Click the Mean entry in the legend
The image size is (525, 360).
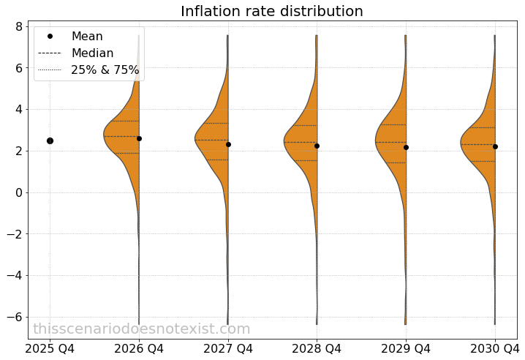click(87, 37)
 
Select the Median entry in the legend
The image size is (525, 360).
click(92, 53)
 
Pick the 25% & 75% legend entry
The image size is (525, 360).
click(105, 70)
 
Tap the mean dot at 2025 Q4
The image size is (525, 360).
click(50, 140)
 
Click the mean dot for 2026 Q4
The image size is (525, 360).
click(139, 138)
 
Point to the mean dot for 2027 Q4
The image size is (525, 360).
click(228, 144)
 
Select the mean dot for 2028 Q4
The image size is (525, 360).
click(317, 146)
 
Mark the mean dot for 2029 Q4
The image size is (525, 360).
click(406, 147)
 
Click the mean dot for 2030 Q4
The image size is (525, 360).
click(495, 146)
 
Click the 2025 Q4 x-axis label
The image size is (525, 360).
click(50, 348)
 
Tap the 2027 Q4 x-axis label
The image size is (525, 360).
click(228, 348)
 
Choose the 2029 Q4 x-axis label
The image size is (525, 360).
click(406, 348)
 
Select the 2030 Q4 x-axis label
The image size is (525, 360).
click(495, 348)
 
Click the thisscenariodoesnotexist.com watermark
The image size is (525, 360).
click(142, 329)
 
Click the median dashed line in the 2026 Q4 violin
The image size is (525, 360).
click(121, 136)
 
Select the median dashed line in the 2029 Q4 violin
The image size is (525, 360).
click(390, 142)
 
